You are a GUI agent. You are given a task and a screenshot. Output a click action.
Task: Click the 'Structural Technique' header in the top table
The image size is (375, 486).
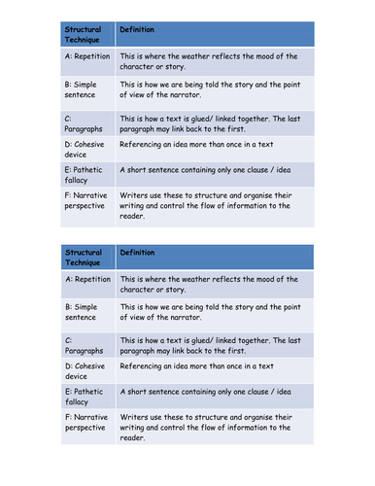pos(84,35)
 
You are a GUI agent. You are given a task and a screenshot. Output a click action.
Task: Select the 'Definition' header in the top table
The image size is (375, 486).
pos(136,30)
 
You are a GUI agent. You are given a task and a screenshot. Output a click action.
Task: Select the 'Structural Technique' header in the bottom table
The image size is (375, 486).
pos(84,259)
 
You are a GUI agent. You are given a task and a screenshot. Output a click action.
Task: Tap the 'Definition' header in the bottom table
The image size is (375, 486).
pos(136,254)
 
